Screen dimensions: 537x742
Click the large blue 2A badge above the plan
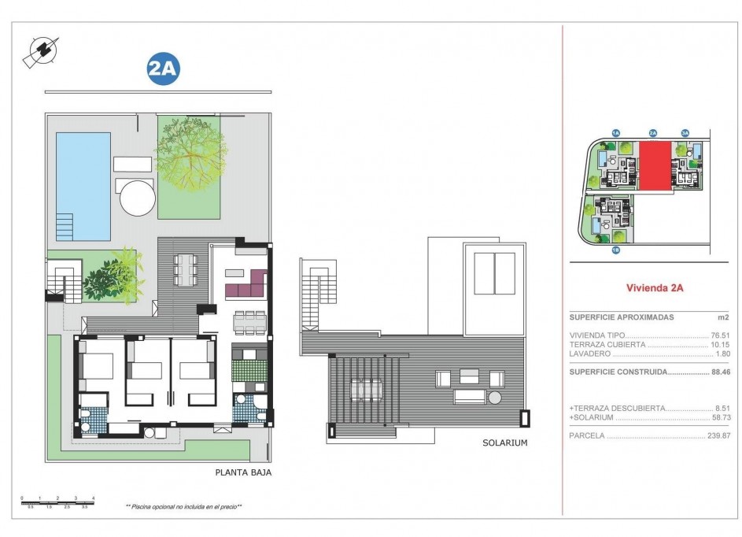click(x=164, y=69)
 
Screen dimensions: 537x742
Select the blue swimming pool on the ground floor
click(x=83, y=186)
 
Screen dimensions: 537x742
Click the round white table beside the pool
click(x=138, y=197)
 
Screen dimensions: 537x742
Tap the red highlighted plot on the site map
click(x=655, y=166)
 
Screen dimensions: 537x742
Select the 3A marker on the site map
click(x=685, y=133)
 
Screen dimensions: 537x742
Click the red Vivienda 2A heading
click(x=654, y=288)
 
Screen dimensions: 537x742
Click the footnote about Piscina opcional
click(x=183, y=507)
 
